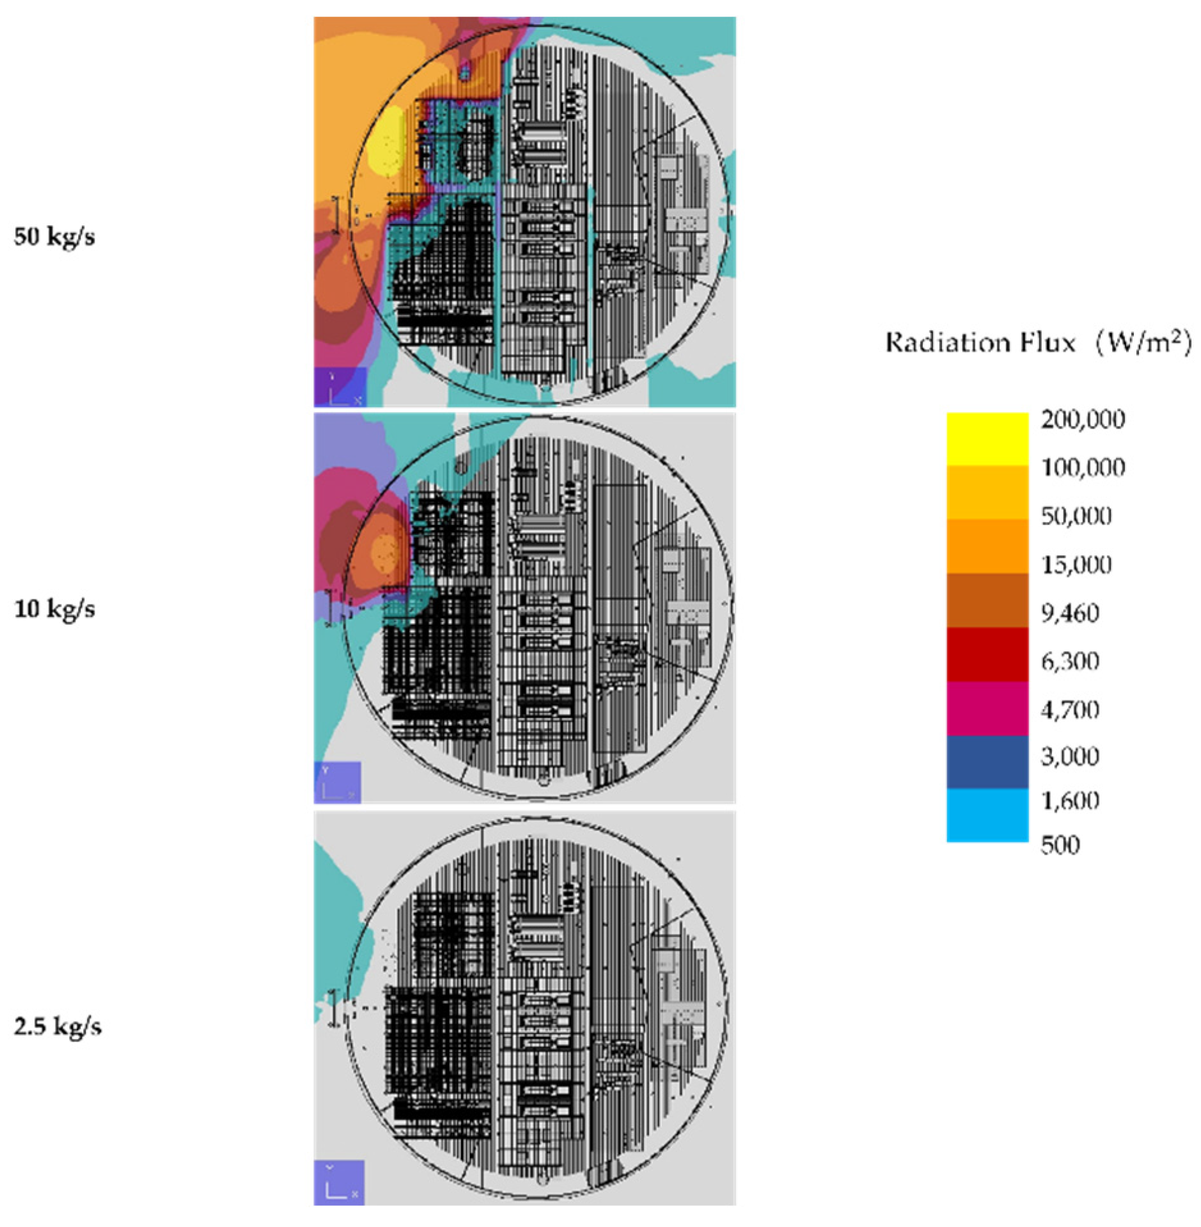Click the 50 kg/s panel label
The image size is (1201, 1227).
point(54,237)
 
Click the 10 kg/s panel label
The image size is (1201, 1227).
point(54,608)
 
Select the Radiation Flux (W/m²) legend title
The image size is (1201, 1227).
point(1038,344)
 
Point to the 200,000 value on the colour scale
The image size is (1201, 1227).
point(1083,420)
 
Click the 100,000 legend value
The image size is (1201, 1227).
point(1083,468)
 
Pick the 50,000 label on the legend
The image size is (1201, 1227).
point(1076,516)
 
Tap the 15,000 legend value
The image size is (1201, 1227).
point(1076,564)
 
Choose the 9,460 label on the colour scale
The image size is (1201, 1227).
point(1071,613)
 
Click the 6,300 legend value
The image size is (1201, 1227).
point(1071,661)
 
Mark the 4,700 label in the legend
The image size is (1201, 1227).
point(1071,709)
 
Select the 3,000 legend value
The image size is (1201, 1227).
point(1071,756)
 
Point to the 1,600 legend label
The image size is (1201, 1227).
point(1071,800)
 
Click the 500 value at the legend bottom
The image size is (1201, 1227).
point(1060,845)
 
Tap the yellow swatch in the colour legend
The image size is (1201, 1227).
point(987,439)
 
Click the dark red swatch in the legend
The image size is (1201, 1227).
point(987,654)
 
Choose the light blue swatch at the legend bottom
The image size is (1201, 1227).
point(987,814)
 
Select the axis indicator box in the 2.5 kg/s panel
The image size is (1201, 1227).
point(339,1182)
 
